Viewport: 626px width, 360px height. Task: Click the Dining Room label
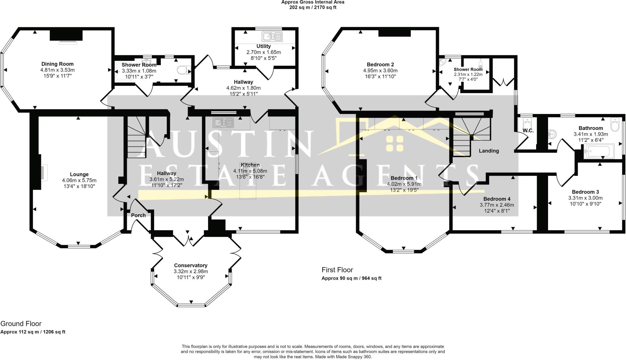pyautogui.click(x=57, y=64)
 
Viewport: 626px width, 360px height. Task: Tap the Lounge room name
pyautogui.click(x=79, y=174)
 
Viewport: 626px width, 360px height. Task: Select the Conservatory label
pyautogui.click(x=191, y=265)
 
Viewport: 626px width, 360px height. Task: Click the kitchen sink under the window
pyautogui.click(x=224, y=122)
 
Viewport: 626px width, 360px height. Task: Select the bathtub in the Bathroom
pyautogui.click(x=597, y=152)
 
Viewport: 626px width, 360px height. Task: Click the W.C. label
pyautogui.click(x=528, y=131)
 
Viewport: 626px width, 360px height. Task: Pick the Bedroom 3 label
pyautogui.click(x=585, y=192)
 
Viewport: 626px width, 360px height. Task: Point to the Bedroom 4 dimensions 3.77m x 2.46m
pyautogui.click(x=497, y=205)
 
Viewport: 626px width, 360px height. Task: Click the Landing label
pyautogui.click(x=489, y=151)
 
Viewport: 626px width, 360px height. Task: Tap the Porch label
pyautogui.click(x=138, y=215)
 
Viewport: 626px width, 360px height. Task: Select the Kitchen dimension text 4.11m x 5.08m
pyautogui.click(x=250, y=171)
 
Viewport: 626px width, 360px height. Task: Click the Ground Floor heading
pyautogui.click(x=21, y=324)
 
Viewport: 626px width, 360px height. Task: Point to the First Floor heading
pyautogui.click(x=337, y=270)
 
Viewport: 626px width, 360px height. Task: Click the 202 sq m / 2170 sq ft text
pyautogui.click(x=313, y=7)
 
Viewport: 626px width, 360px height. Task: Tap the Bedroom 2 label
pyautogui.click(x=380, y=64)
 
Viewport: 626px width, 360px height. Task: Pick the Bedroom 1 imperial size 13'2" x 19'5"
pyautogui.click(x=404, y=190)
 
